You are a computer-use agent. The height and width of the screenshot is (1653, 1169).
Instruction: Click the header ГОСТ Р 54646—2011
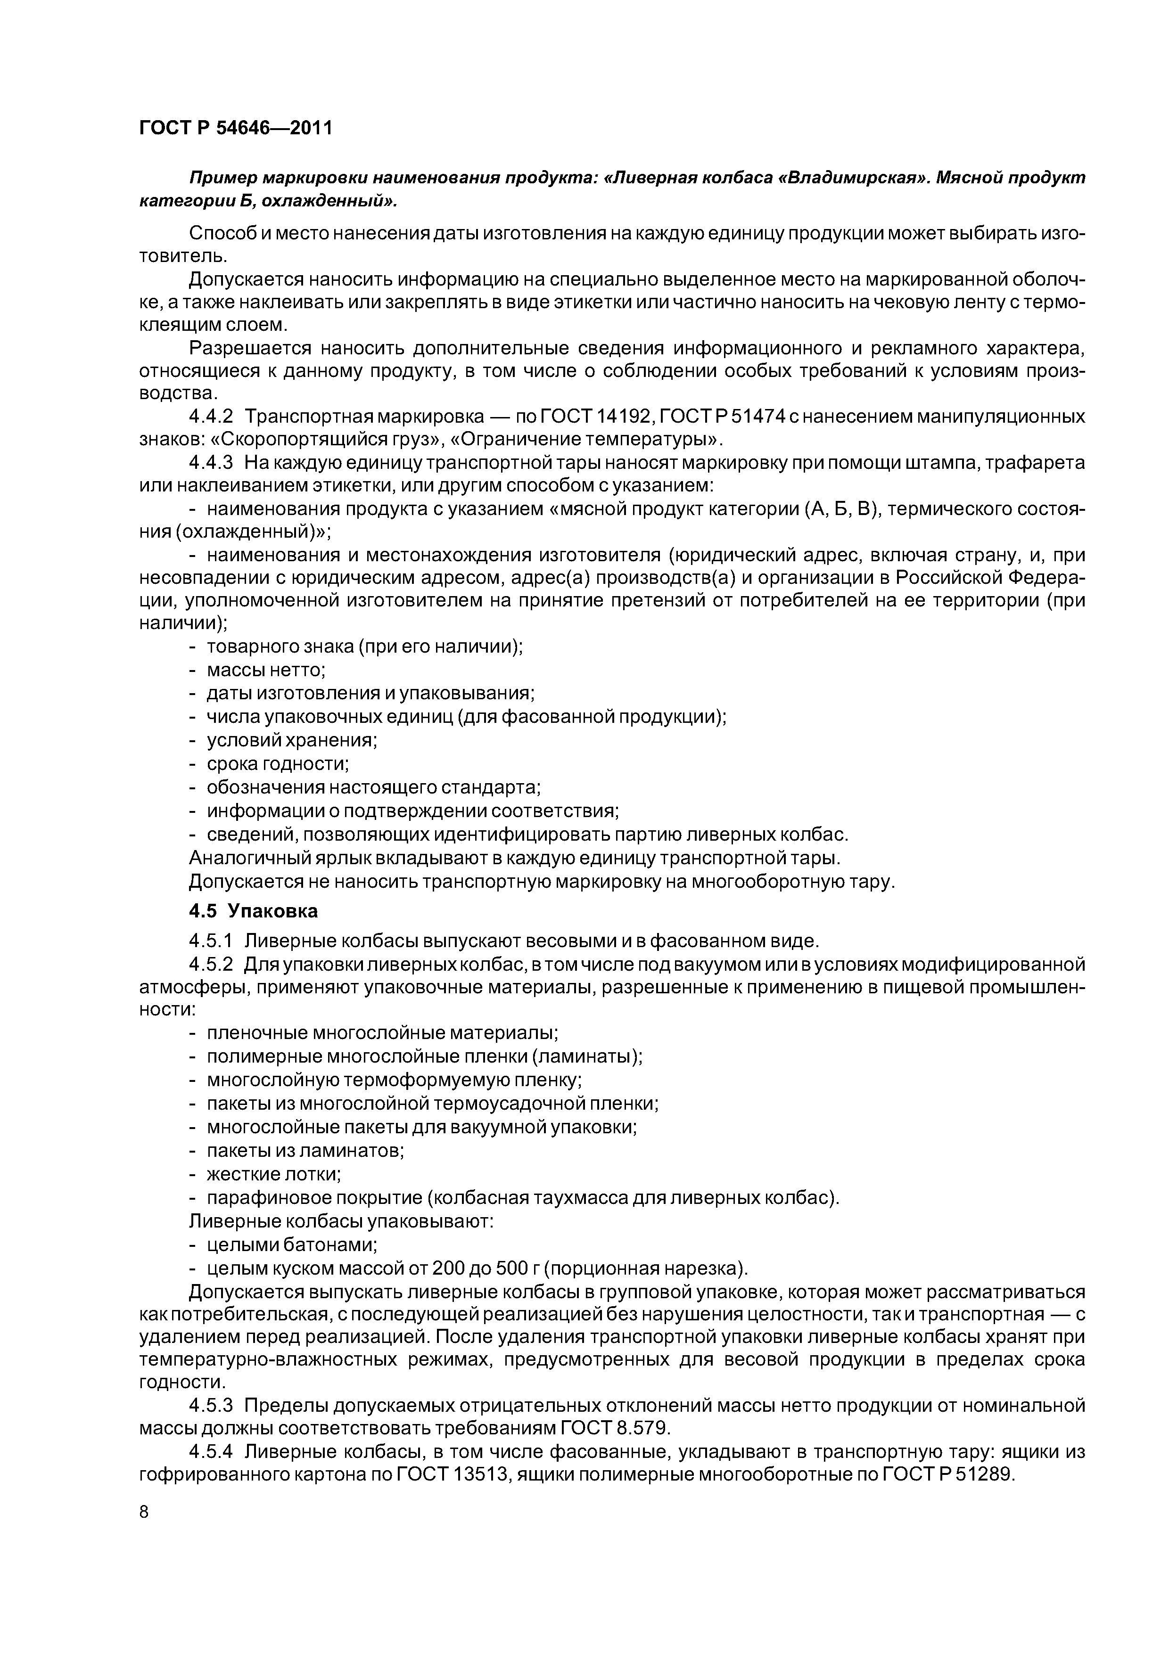pos(236,128)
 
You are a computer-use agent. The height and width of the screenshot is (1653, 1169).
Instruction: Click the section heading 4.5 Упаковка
pos(253,911)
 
